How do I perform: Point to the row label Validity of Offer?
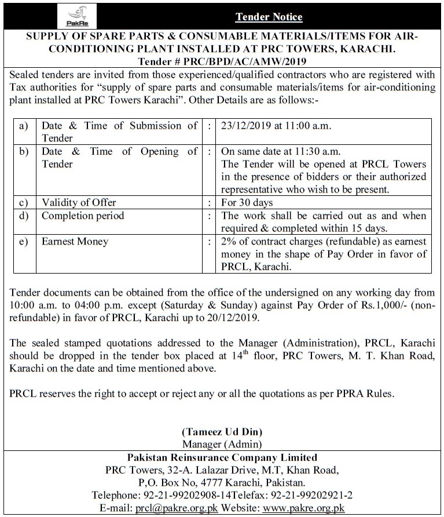[79, 202]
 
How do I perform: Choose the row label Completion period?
[83, 216]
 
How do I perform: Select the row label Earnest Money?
[75, 241]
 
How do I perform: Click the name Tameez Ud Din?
[222, 432]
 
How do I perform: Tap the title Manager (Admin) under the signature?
[222, 444]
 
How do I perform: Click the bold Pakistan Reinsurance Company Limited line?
[222, 457]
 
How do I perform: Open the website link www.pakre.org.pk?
[304, 508]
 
